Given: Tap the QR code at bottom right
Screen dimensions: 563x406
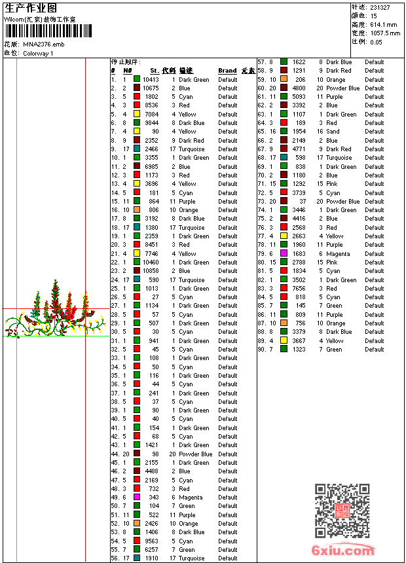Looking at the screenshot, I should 342,511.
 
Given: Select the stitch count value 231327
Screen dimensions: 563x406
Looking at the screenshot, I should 380,7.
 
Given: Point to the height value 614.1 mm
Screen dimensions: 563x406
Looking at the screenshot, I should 384,24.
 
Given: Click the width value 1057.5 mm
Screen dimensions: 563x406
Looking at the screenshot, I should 384,33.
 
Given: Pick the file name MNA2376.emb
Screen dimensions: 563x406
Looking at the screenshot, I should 44,45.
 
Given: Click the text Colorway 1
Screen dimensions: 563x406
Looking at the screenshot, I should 39,53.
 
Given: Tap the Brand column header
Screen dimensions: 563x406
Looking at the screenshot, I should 227,71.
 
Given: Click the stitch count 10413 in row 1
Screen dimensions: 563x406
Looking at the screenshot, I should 151,79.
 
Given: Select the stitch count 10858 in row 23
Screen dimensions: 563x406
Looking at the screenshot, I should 151,271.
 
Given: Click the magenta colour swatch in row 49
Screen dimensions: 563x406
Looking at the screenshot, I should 137,498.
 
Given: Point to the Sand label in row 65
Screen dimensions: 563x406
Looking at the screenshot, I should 333,132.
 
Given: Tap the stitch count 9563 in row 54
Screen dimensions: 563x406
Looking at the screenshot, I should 152,541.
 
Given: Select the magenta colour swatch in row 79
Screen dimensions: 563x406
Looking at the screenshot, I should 284,253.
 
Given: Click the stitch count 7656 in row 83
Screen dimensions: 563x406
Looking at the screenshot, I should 299,289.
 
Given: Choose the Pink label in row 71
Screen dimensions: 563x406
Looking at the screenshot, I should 333,184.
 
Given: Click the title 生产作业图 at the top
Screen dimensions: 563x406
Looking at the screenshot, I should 31,8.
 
